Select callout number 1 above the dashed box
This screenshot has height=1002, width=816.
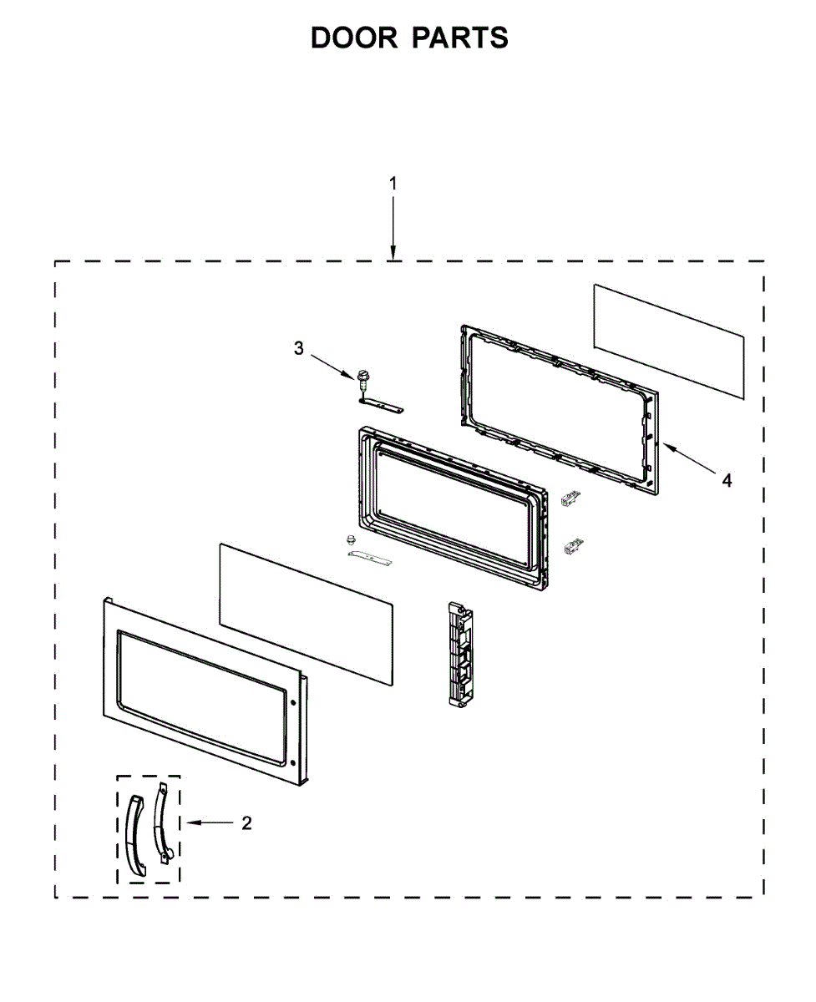pos(393,183)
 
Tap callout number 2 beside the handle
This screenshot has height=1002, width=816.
pos(246,823)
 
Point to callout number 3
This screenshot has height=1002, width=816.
pos(298,348)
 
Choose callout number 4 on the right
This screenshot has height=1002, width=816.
pos(727,480)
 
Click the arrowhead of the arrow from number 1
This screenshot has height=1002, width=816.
pos(393,253)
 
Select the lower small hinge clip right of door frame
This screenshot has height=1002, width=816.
pos(573,546)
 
